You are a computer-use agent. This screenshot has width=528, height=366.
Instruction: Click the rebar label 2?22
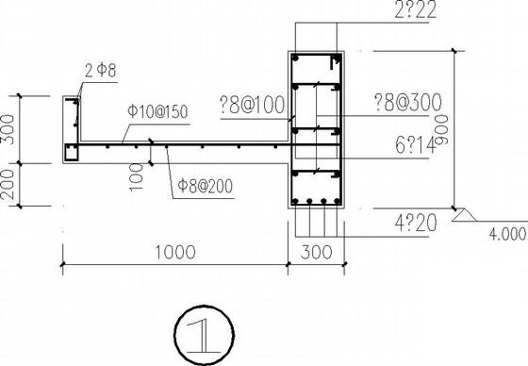[415, 9]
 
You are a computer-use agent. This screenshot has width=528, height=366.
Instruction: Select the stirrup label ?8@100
[252, 105]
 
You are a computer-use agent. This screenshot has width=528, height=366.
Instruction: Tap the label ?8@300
[408, 102]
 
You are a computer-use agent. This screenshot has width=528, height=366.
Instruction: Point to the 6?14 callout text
[414, 145]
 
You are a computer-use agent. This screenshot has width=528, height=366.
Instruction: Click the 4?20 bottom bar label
[416, 224]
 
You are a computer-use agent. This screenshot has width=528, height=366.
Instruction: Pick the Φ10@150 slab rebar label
[157, 111]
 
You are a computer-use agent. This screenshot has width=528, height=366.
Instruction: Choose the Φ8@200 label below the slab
[206, 186]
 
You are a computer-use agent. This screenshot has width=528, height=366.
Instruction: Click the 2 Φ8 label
[100, 71]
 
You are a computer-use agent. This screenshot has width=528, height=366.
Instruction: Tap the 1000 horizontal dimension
[174, 252]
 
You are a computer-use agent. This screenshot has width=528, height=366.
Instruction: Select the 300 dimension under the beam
[316, 252]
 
